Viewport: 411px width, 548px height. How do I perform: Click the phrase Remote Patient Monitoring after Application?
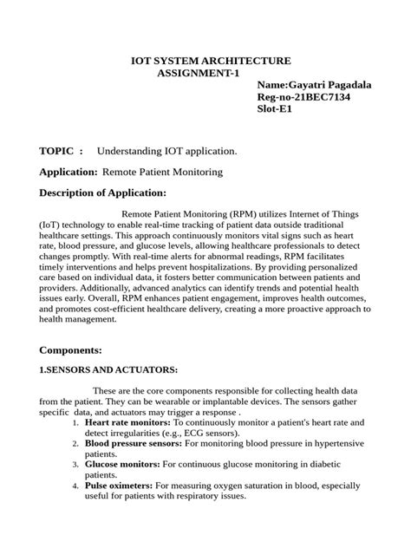coord(162,172)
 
